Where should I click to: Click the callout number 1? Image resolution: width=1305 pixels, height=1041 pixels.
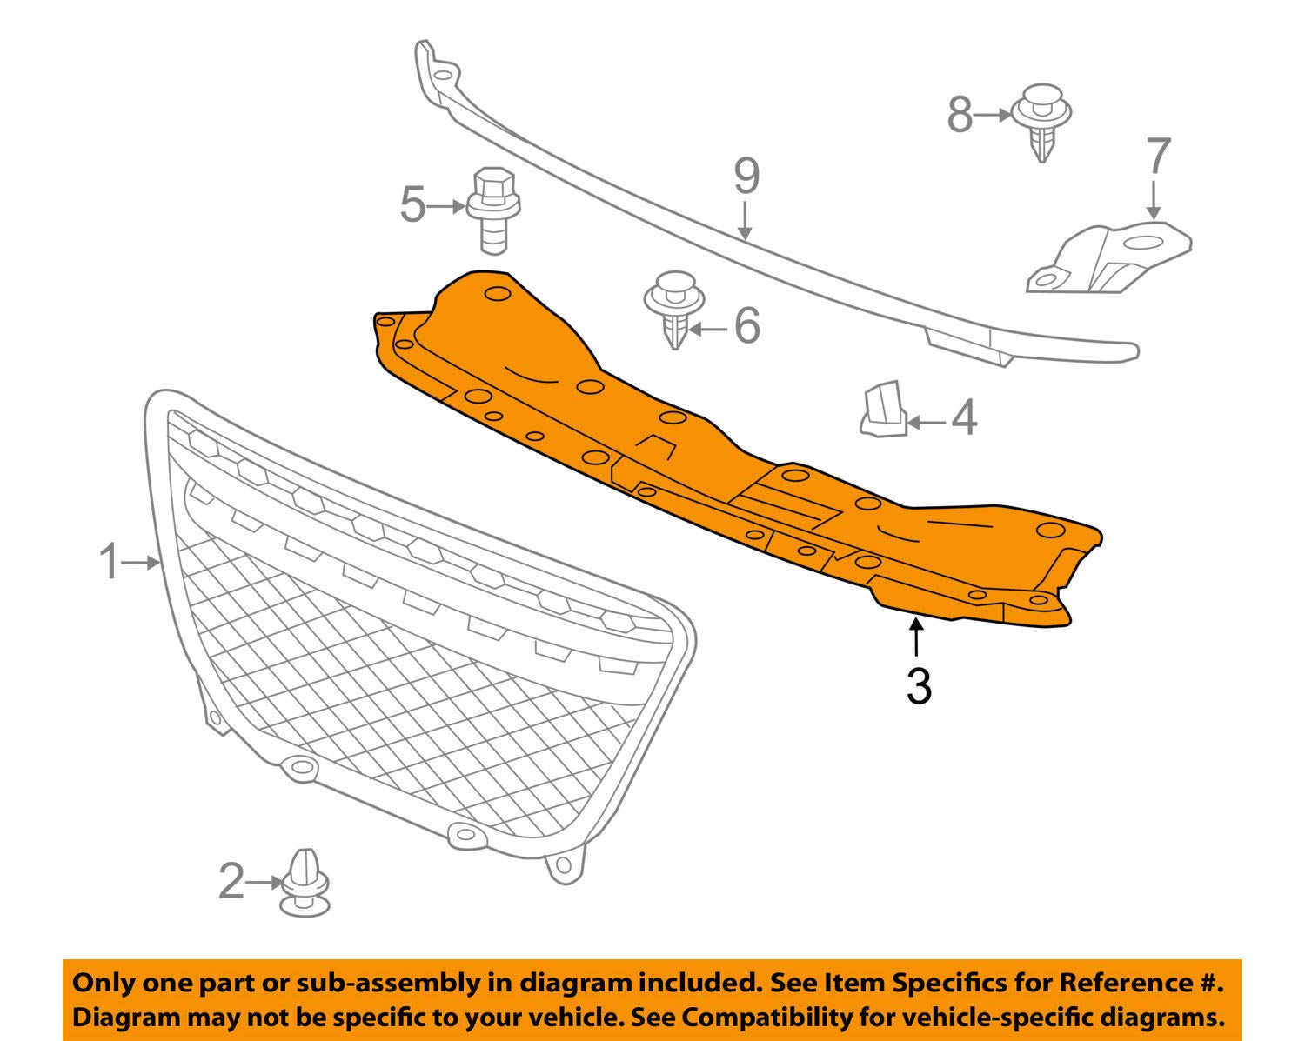108,562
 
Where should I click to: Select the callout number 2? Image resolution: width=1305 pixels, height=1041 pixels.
231,882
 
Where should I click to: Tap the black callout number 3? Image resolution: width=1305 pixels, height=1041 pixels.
919,685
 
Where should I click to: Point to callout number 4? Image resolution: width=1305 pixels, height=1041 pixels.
963,418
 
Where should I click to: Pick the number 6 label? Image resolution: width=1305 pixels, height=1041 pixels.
747,325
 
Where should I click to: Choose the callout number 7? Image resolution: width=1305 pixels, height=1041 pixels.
1158,157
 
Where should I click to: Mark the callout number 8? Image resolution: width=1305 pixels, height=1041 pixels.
960,114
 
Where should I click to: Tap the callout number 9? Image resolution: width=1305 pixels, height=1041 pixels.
746,177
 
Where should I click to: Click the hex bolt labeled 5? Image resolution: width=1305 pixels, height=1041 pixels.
492,209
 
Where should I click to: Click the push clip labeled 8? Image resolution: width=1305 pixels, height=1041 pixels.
1041,123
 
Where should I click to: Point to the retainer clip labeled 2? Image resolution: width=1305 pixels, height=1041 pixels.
304,882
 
